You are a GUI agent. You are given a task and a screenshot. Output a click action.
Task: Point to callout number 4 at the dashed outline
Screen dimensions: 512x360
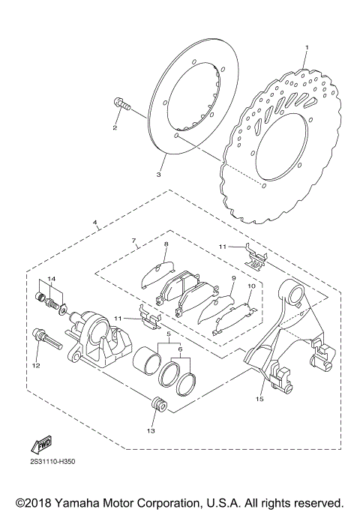point(94,223)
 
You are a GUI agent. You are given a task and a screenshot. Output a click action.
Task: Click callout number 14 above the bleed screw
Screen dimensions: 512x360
point(51,279)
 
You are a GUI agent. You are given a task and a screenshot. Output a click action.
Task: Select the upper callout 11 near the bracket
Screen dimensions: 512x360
point(222,245)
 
